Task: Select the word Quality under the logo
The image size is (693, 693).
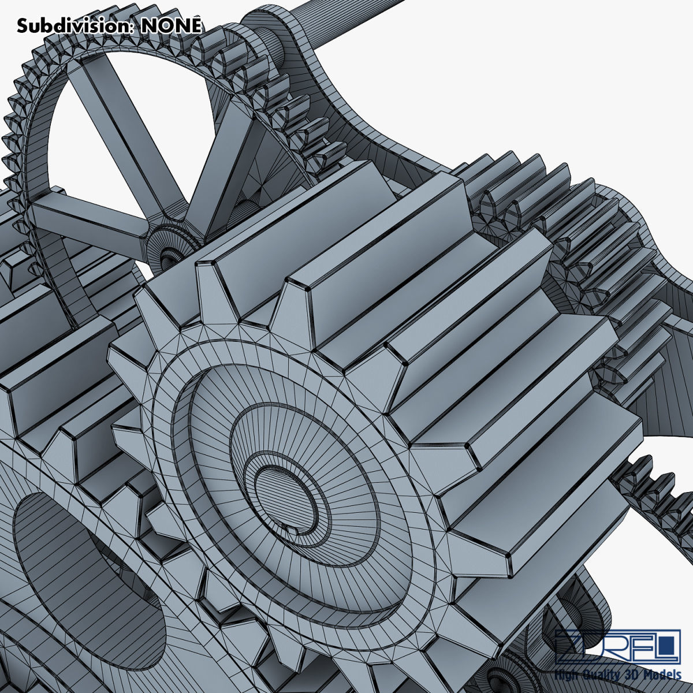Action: tap(598, 675)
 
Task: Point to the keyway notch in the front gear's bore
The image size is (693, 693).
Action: tap(290, 528)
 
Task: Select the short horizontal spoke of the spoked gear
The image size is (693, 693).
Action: tap(87, 217)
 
